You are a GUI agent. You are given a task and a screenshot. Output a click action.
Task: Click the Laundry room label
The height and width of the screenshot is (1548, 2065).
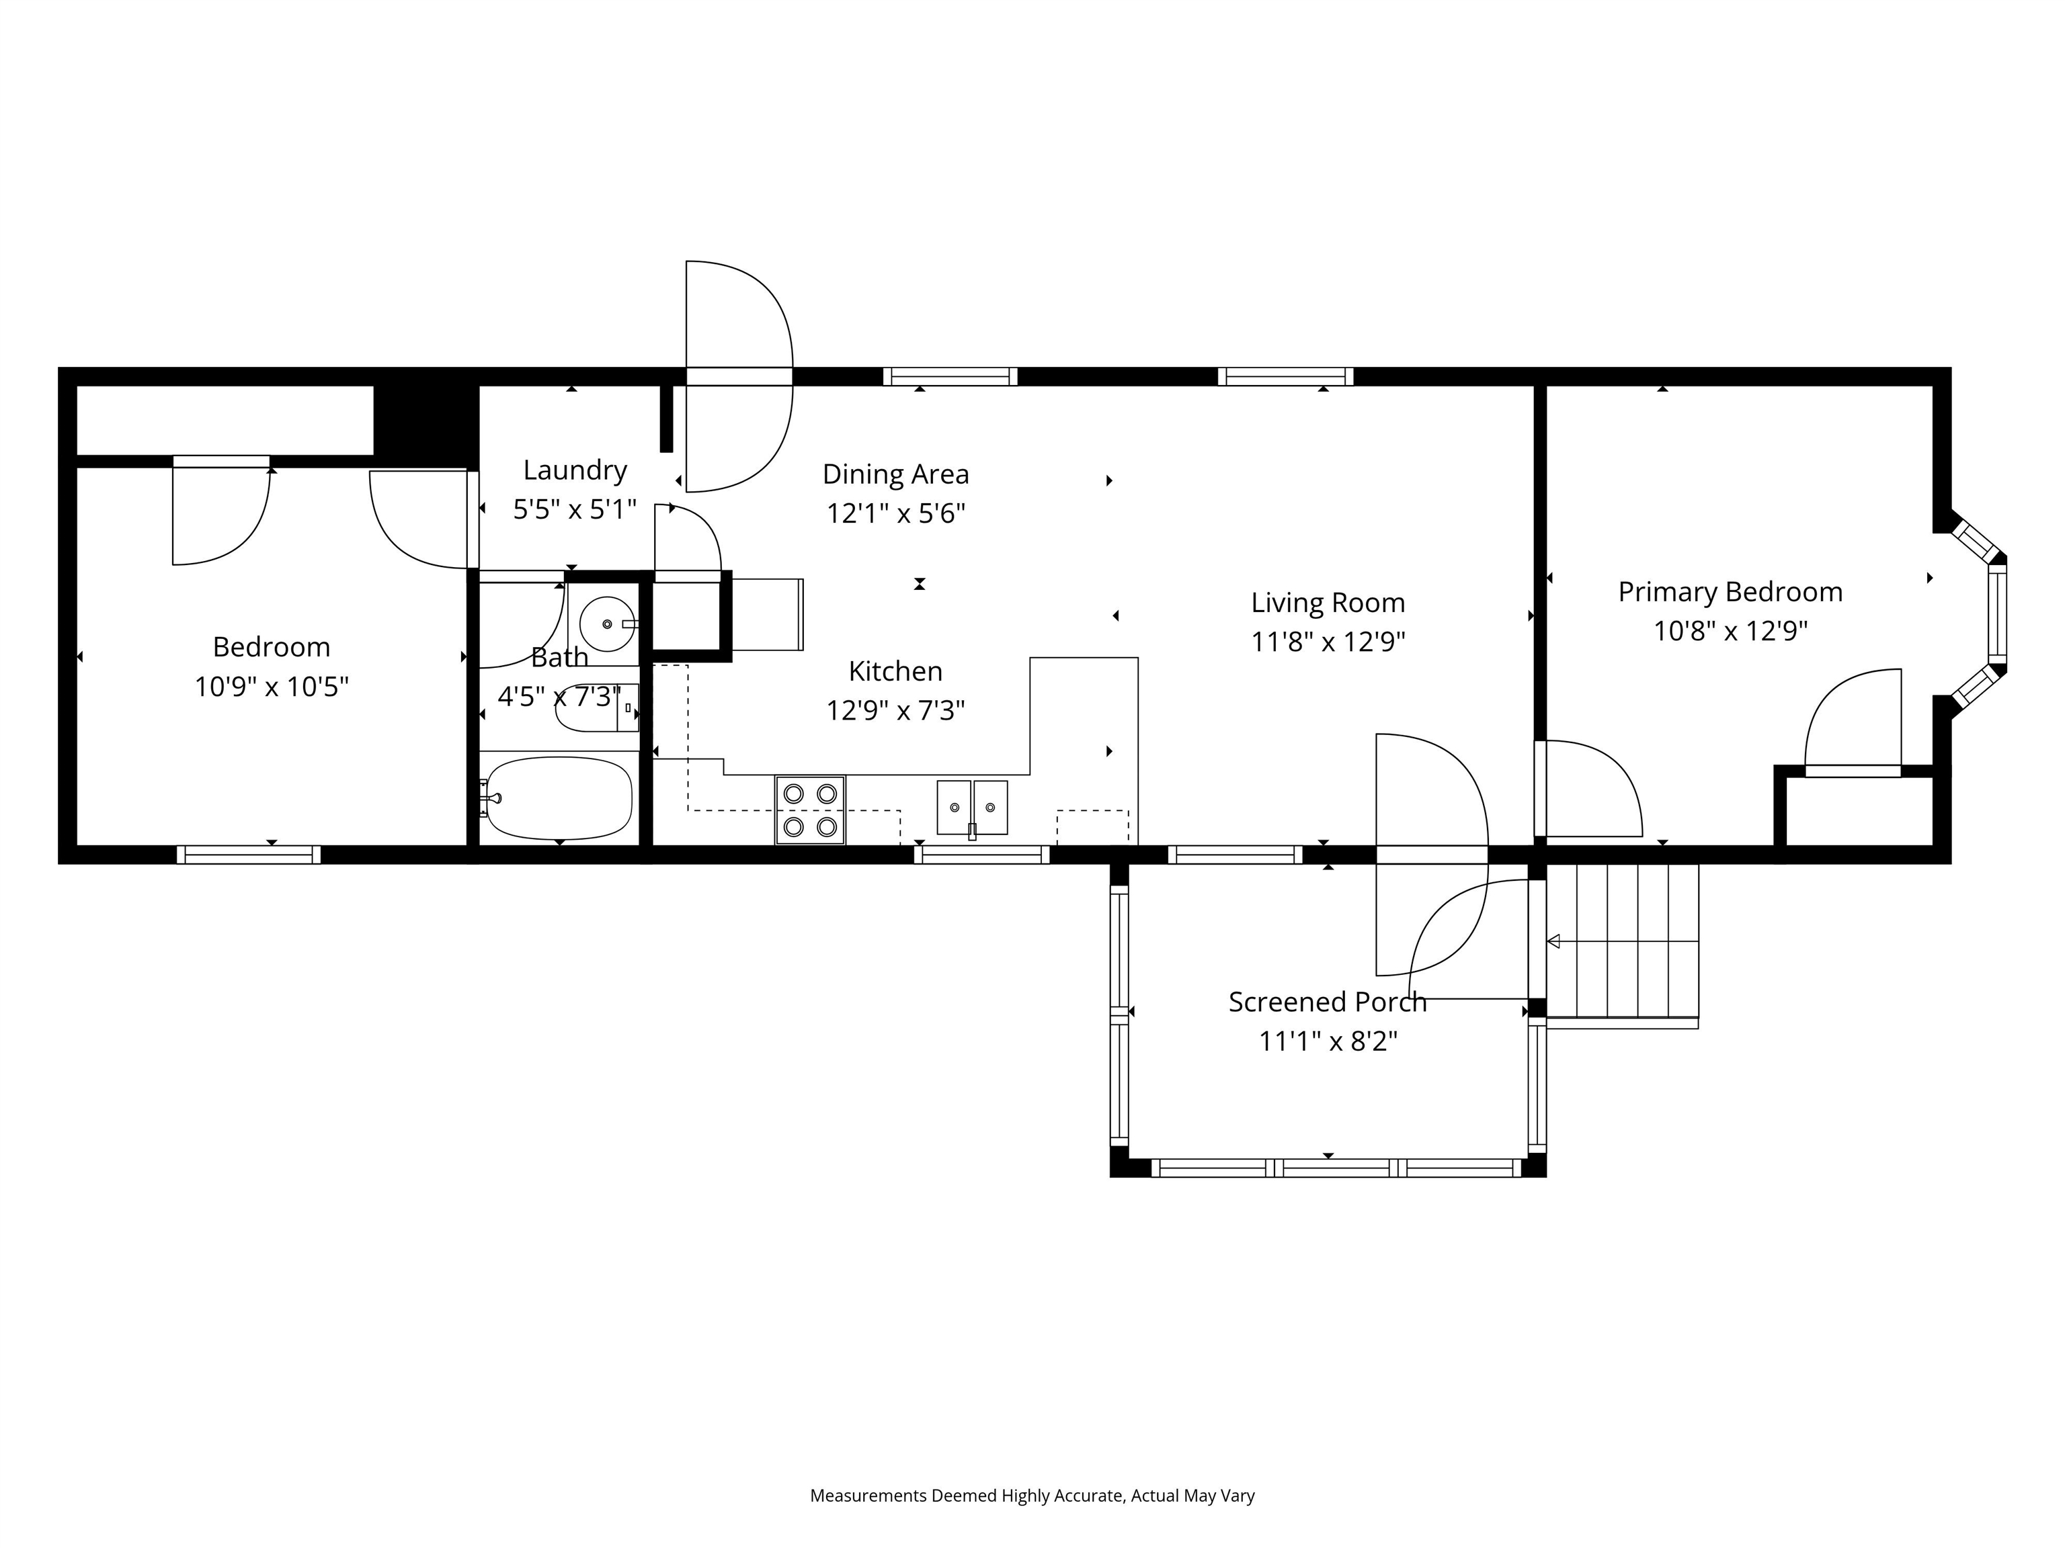tap(574, 470)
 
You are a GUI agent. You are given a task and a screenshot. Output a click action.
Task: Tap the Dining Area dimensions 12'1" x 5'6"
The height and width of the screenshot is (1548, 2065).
tap(895, 514)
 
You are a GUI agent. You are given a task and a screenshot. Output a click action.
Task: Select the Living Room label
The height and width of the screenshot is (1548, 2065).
tap(1328, 603)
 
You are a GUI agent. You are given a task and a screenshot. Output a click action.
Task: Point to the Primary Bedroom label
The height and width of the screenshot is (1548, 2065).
tap(1730, 593)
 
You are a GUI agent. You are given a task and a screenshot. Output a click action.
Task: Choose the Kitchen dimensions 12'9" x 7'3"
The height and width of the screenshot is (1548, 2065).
tap(895, 711)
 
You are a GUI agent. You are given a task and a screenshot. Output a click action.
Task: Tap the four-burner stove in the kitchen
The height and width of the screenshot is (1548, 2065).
tap(809, 810)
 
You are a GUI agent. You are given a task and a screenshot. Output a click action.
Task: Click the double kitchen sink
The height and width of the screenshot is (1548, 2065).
tap(972, 807)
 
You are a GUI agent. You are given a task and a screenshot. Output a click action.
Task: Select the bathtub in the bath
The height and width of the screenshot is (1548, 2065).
tap(558, 798)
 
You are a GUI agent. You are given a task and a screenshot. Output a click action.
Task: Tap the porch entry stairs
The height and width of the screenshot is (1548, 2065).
tap(1623, 941)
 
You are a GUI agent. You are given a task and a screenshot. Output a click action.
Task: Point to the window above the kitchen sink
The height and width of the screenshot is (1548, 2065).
tap(981, 855)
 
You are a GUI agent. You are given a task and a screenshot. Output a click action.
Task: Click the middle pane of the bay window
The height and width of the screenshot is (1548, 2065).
tap(1997, 615)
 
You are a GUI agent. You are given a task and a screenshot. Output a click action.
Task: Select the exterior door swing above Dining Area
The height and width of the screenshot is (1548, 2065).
tap(739, 317)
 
